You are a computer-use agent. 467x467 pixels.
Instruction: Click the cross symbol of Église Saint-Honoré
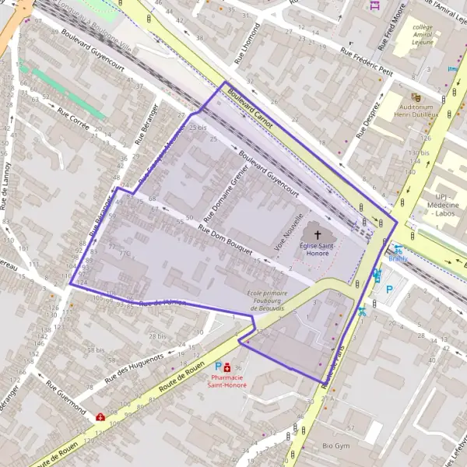317,233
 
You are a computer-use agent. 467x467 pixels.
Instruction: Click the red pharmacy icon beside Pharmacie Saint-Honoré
226,367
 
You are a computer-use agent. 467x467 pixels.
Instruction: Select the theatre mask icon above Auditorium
416,97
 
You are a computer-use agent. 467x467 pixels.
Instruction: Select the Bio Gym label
337,446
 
